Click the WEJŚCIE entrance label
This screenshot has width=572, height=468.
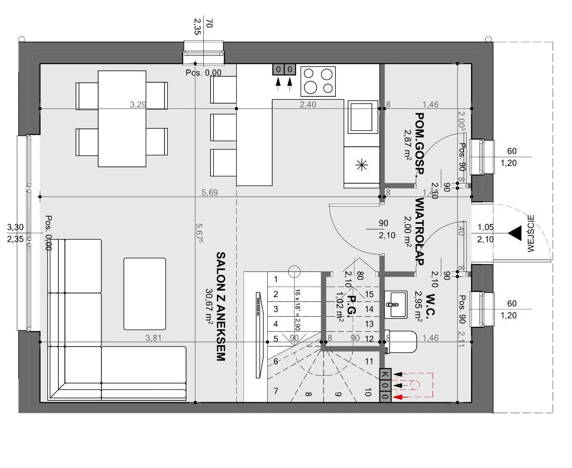530,234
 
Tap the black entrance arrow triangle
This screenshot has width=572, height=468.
515,233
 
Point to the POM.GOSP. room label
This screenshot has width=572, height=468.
419,144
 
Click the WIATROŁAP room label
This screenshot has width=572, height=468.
419,231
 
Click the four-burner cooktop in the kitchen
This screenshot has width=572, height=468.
318,81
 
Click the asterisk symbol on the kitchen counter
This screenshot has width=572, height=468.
361,165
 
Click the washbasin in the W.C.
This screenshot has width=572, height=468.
396,304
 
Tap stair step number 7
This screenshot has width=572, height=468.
275,391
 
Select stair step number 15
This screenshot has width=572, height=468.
369,294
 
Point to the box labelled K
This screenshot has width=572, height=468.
385,374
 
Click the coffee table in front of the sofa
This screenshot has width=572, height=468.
144,293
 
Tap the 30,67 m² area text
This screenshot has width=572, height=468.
209,306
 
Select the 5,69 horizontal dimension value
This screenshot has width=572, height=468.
210,192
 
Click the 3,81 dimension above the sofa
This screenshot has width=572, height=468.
154,338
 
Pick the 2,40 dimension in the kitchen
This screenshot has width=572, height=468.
308,105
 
